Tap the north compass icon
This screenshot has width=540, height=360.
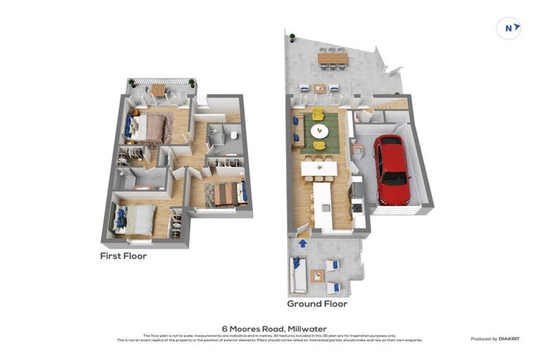click(508, 29)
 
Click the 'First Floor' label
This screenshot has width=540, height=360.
click(123, 257)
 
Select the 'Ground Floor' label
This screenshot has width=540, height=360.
click(316, 304)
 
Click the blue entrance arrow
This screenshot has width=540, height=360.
click(302, 243)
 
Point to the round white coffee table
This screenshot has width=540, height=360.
click(319, 131)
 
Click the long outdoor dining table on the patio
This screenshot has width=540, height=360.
click(333, 60)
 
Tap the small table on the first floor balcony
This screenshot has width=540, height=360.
click(158, 89)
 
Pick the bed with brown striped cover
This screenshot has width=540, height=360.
click(226, 193)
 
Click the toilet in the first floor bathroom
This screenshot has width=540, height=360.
click(234, 135)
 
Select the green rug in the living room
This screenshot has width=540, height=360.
click(320, 130)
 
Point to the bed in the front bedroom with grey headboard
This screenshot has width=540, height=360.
click(134, 219)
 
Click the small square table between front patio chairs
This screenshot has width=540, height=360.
click(318, 276)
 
